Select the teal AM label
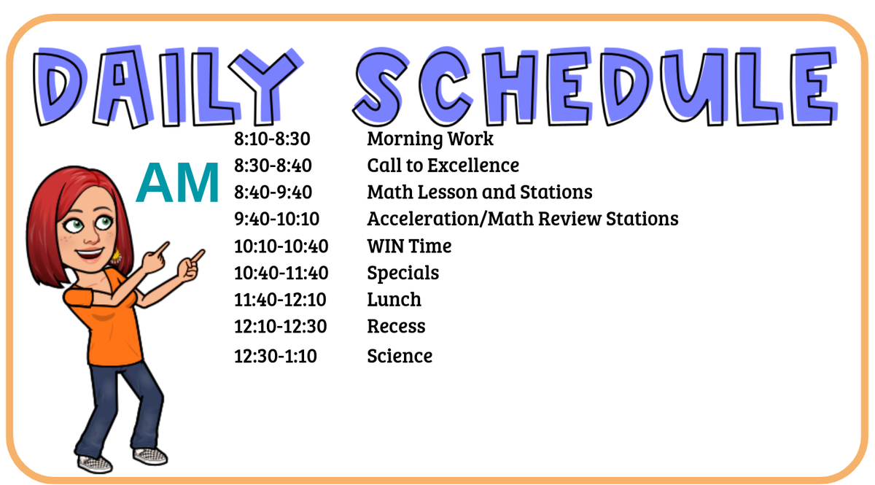pos(177,184)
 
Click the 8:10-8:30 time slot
pos(272,139)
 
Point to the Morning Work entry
pos(430,139)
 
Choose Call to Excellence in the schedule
pos(443,166)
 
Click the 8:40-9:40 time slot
pos(272,193)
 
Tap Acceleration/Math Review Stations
pos(522,219)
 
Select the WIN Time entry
pos(409,247)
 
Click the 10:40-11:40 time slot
pos(281,273)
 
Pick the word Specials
pos(402,273)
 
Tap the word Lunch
pos(394,300)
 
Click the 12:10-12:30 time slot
pos(280,327)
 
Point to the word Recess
pos(396,327)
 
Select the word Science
pos(400,356)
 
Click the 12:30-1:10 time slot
pos(275,357)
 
